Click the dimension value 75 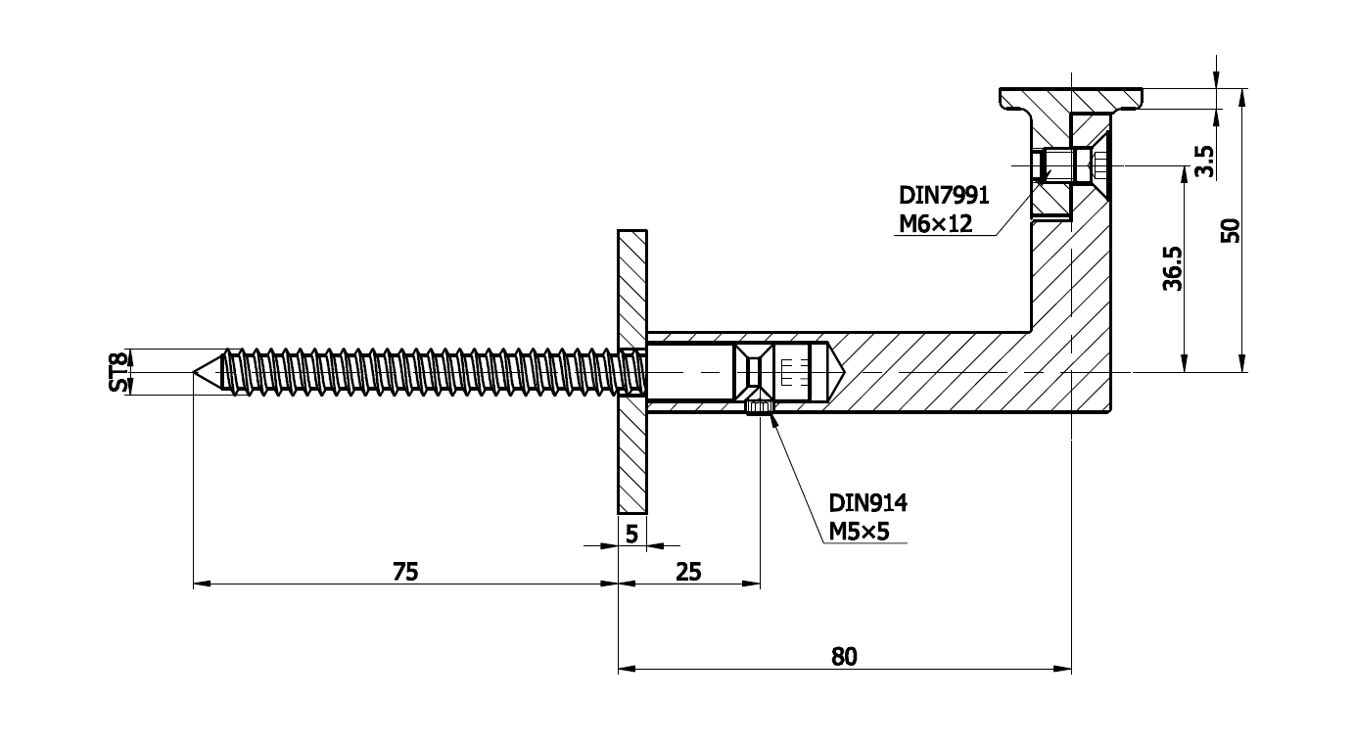(x=405, y=572)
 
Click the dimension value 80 (x=844, y=656)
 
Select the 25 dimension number (x=689, y=572)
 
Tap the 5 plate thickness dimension (x=631, y=534)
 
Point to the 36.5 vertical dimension (x=1173, y=268)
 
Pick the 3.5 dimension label (x=1204, y=161)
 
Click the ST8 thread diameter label (x=119, y=372)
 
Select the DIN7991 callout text (x=944, y=196)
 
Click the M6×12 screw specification (x=936, y=224)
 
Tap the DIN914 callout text (x=868, y=503)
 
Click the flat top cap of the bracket (x=1070, y=99)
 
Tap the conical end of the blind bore (x=837, y=372)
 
